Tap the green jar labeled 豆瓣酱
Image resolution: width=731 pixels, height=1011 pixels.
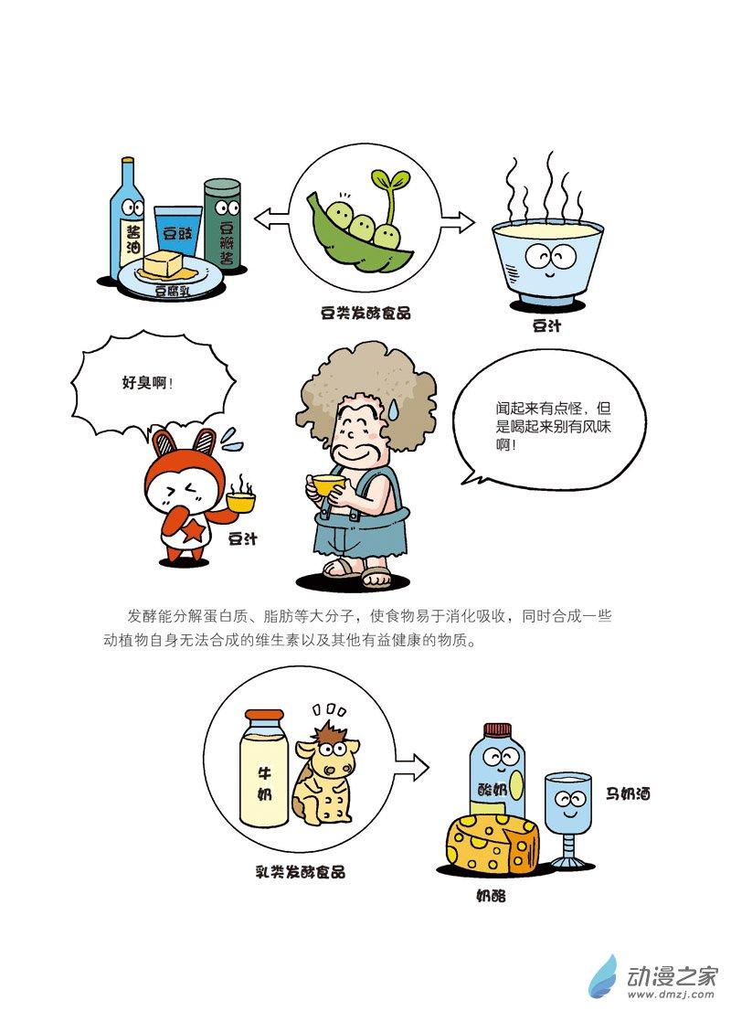click(x=222, y=226)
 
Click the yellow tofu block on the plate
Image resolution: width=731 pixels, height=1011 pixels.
click(x=163, y=263)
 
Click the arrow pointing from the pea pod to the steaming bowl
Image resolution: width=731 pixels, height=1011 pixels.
click(x=457, y=222)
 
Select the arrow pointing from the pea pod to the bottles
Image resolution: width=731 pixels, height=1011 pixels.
click(x=270, y=220)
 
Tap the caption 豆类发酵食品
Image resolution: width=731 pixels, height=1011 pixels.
click(x=365, y=314)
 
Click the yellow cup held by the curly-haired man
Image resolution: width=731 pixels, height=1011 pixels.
click(x=326, y=483)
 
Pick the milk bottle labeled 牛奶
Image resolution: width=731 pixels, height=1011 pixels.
click(x=264, y=767)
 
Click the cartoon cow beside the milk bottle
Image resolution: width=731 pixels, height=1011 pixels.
click(x=324, y=776)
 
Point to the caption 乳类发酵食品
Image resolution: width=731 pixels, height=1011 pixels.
click(x=301, y=872)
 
